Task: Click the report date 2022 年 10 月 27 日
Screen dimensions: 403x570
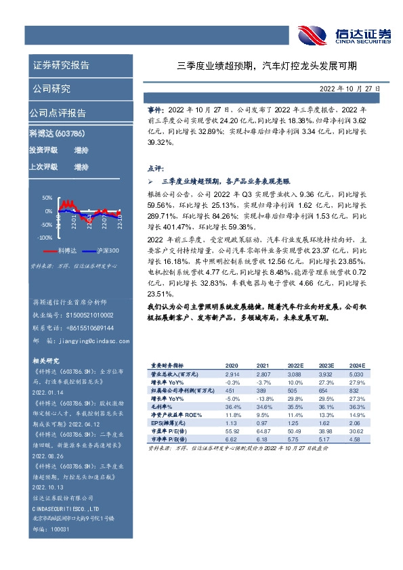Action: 349,88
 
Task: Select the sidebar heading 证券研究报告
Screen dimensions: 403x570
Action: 61,66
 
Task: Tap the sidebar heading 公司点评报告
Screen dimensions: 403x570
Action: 58,113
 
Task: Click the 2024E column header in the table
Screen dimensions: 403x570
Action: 357,365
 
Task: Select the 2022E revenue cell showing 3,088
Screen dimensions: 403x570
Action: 294,373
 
